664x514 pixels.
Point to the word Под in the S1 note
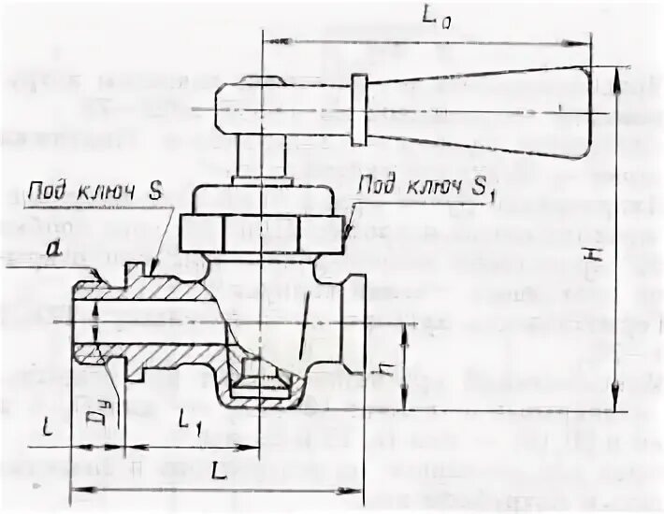coord(377,183)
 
